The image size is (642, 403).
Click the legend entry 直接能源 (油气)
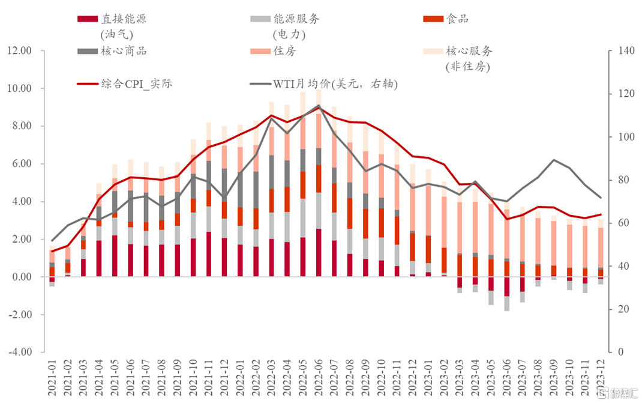click(x=112, y=26)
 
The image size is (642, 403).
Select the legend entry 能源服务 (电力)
click(x=285, y=26)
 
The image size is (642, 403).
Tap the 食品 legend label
click(x=446, y=19)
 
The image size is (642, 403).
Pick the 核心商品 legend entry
click(x=112, y=51)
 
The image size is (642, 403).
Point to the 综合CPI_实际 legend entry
click(x=124, y=84)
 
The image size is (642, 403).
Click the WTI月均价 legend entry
click(x=323, y=84)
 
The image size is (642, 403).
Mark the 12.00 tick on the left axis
click(x=19, y=50)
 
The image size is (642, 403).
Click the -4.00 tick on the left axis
click(x=19, y=352)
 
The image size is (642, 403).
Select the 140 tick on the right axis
click(x=626, y=50)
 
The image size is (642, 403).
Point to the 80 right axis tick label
click(x=623, y=180)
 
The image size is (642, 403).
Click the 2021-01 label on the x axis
click(x=52, y=379)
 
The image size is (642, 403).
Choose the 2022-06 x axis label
click(x=319, y=379)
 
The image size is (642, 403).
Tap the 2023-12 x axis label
click(x=601, y=379)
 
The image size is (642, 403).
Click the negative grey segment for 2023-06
click(x=507, y=303)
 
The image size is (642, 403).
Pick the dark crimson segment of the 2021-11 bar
click(x=209, y=254)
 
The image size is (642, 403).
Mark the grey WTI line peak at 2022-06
click(x=319, y=105)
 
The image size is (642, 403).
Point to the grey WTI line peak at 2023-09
click(x=554, y=160)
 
